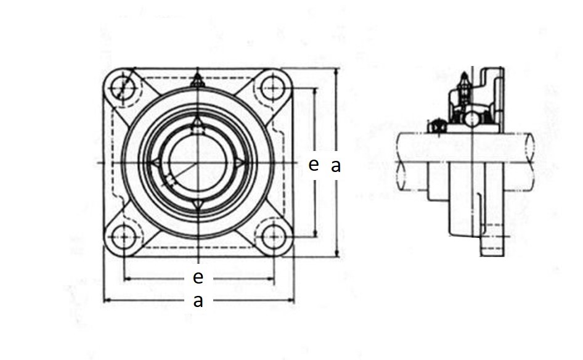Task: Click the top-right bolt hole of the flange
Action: (273, 88)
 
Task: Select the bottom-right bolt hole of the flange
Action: (273, 237)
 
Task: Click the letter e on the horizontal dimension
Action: (198, 277)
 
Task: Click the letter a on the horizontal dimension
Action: (198, 300)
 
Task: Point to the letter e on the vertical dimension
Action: (314, 164)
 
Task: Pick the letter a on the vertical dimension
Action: (336, 166)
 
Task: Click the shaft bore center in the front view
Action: (197, 163)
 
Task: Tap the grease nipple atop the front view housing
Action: (197, 80)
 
